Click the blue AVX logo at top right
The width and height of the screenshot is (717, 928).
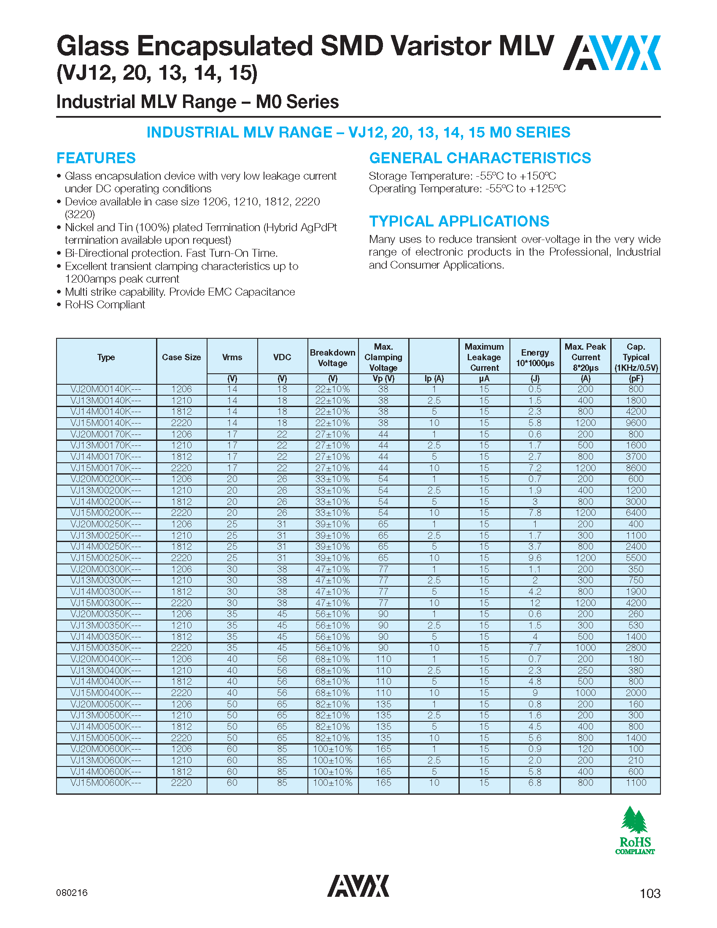[612, 53]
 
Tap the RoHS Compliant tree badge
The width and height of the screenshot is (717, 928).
[635, 830]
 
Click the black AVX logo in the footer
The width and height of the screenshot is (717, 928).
[358, 885]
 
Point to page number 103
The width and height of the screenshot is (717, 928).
[650, 893]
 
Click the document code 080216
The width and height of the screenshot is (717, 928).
[72, 893]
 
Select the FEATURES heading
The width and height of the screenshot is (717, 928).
[96, 158]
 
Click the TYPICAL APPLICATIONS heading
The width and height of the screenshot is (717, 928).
[459, 221]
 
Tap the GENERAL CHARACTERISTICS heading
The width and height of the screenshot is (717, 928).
[480, 158]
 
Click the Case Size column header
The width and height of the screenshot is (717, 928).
[181, 357]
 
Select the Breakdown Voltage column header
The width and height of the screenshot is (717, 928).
[333, 358]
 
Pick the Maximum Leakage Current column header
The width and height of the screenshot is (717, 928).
[484, 357]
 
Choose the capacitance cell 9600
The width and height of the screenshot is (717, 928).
[636, 423]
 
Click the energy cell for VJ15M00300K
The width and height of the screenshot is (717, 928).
[535, 603]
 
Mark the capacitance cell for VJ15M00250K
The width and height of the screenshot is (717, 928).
[636, 558]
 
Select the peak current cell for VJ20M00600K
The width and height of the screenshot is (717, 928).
[585, 749]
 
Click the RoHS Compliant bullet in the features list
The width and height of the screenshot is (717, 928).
[105, 305]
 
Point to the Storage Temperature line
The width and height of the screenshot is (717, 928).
[462, 176]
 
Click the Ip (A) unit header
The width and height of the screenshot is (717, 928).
[434, 379]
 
